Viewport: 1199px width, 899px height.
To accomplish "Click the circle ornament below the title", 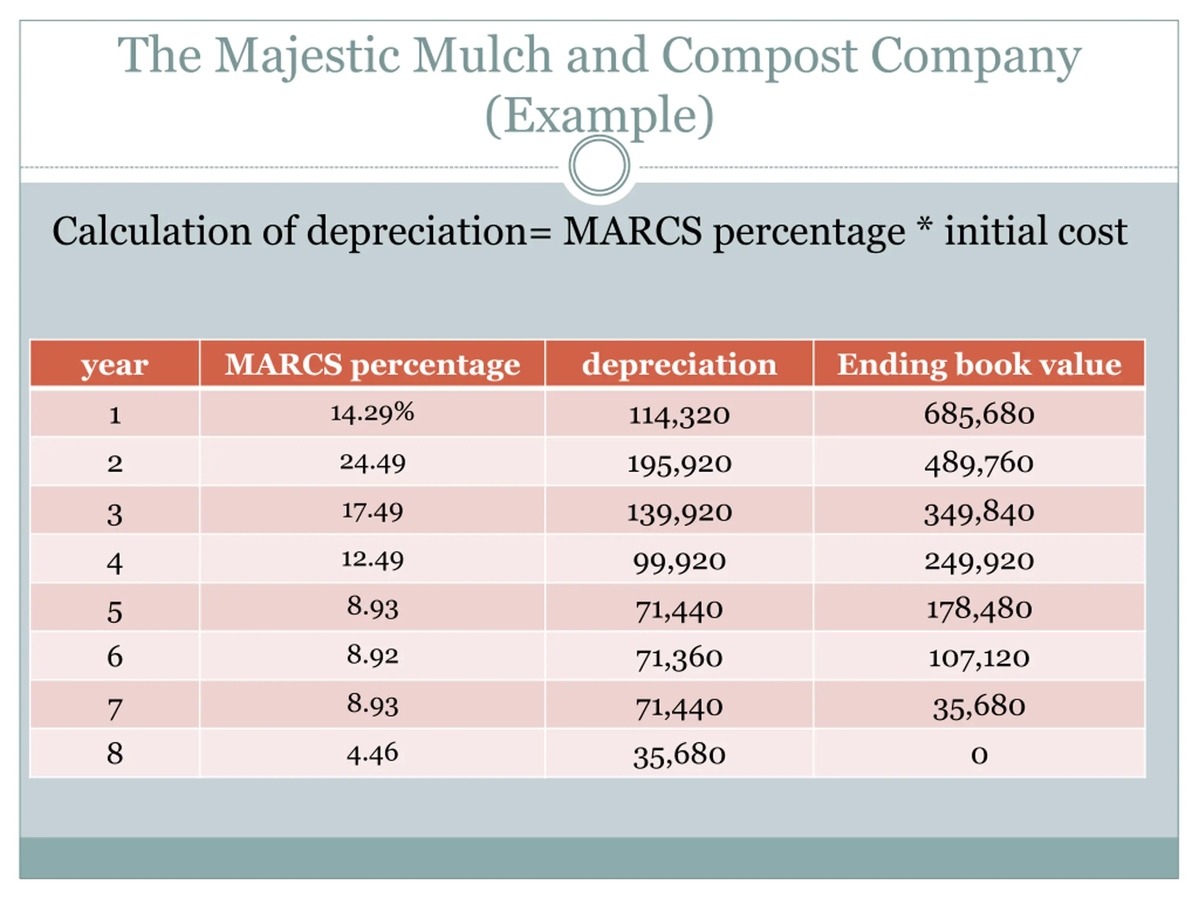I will pyautogui.click(x=599, y=165).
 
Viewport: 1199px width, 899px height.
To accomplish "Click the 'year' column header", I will pyautogui.click(x=114, y=364).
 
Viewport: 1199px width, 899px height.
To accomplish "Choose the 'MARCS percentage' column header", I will pyautogui.click(x=372, y=364).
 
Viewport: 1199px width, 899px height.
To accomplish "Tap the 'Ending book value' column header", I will pyautogui.click(x=979, y=364).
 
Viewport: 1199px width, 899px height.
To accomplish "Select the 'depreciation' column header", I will pyautogui.click(x=679, y=364).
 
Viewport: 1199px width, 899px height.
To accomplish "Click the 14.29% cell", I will pyautogui.click(x=372, y=413).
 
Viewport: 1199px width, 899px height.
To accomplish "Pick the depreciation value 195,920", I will pyautogui.click(x=679, y=464).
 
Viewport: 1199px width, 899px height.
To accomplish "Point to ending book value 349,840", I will pyautogui.click(x=979, y=513).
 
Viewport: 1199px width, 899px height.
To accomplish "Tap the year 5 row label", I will pyautogui.click(x=114, y=612).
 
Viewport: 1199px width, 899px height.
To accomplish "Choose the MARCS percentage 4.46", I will pyautogui.click(x=372, y=754).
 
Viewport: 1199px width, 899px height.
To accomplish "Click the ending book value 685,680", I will pyautogui.click(x=979, y=414).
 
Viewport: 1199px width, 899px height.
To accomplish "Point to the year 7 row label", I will pyautogui.click(x=114, y=709).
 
